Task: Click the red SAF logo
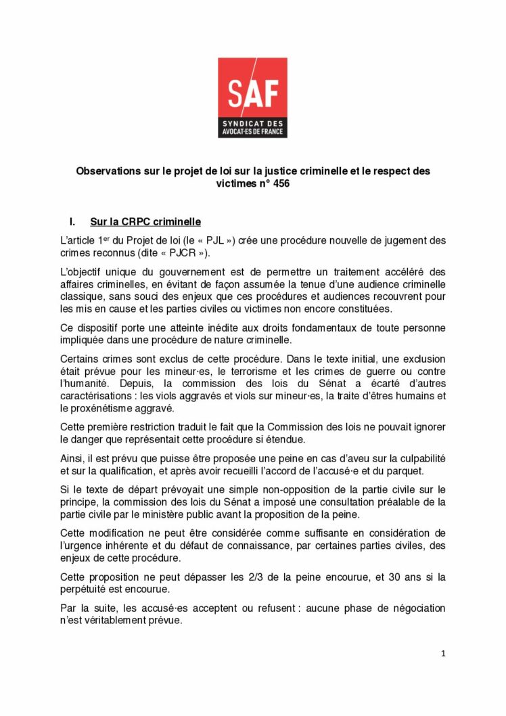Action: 252,97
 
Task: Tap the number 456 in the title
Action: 280,184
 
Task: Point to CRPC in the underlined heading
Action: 140,222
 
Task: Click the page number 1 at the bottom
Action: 442,653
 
